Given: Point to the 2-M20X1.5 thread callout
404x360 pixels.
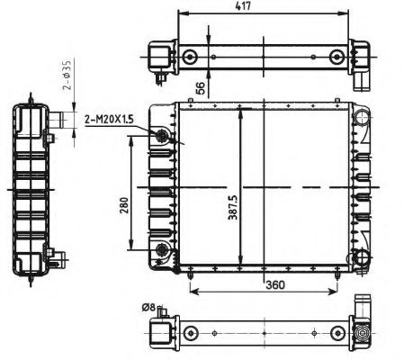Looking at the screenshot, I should coord(108,119).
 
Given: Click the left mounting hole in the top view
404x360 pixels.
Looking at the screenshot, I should coord(190,58).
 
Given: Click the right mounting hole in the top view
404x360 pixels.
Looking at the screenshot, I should coord(337,58).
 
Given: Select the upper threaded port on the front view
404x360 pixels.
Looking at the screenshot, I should coord(163,137).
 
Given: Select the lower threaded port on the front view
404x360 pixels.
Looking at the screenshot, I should coord(163,249).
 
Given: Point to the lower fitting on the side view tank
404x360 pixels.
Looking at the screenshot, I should coord(58,257).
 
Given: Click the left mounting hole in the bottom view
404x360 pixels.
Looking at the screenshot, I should coord(190,334).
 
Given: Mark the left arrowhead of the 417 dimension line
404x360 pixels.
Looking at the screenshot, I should coord(183,15).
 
